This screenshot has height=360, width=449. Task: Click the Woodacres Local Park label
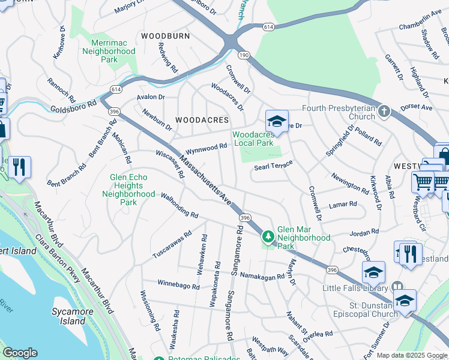[x=253, y=139]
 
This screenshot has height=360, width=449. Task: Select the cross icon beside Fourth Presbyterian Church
[x=384, y=111]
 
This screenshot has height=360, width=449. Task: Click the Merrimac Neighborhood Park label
[x=109, y=51]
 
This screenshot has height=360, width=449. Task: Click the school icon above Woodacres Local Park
[x=277, y=121]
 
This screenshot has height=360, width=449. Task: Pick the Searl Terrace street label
[x=273, y=166]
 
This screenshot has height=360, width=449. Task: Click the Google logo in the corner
[x=20, y=353]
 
